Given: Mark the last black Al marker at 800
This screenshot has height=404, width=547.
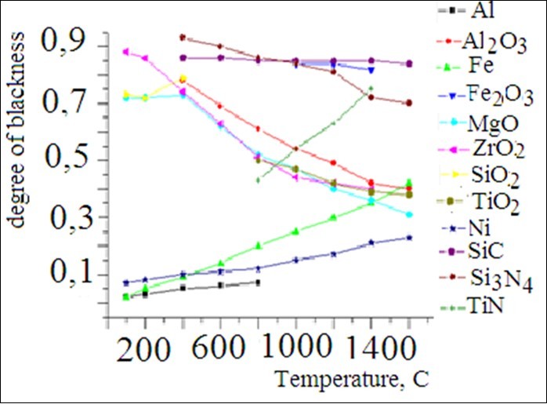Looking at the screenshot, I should click(x=258, y=282).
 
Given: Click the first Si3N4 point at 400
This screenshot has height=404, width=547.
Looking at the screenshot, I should click(x=182, y=37).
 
